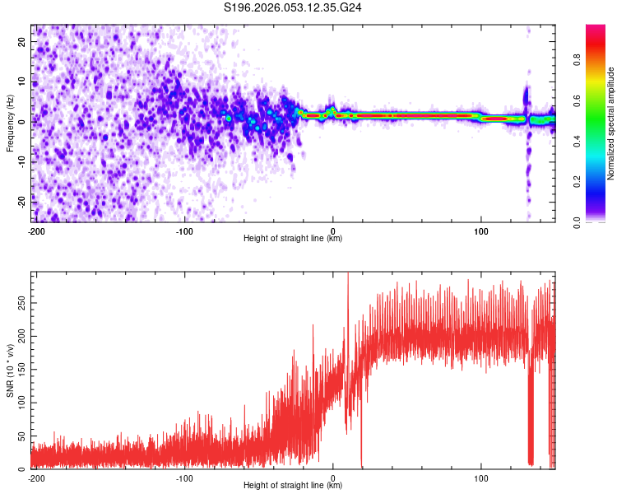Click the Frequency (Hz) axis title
10,123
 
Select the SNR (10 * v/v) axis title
10,370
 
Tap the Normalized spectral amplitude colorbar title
611,123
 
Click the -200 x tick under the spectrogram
35,231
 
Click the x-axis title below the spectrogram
294,239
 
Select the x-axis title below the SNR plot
294,486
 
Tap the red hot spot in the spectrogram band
496,119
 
